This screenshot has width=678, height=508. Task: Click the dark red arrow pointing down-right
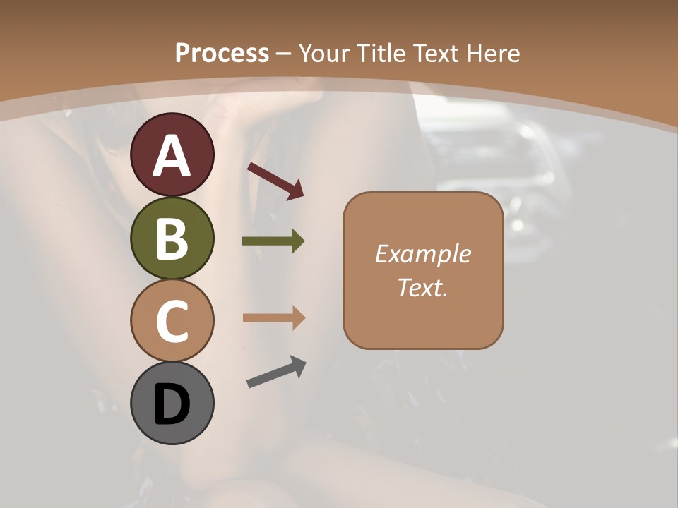pyautogui.click(x=275, y=180)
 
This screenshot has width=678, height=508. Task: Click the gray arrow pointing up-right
pyautogui.click(x=276, y=372)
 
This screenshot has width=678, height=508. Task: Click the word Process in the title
pyautogui.click(x=222, y=53)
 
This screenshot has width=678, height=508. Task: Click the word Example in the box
pyautogui.click(x=422, y=254)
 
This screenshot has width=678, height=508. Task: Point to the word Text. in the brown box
pyautogui.click(x=422, y=287)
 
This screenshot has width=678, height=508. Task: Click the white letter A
pyautogui.click(x=172, y=156)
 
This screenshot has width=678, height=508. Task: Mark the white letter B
pyautogui.click(x=172, y=238)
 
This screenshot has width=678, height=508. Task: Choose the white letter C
pyautogui.click(x=172, y=321)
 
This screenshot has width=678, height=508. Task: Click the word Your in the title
pyautogui.click(x=326, y=53)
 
